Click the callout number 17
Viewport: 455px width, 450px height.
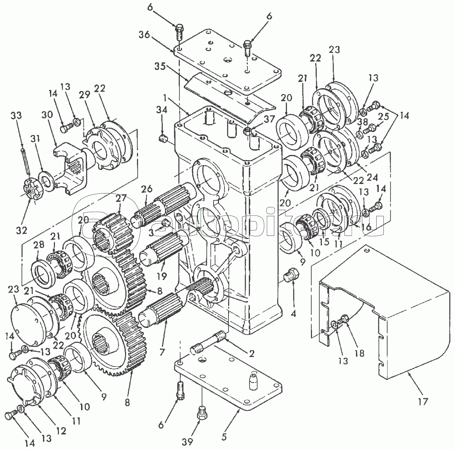(423, 401)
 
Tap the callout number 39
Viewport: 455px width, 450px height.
(187, 440)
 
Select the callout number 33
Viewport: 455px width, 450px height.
(16, 116)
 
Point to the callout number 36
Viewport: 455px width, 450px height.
(144, 35)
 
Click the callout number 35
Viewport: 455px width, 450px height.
(160, 66)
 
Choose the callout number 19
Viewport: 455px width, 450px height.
(162, 276)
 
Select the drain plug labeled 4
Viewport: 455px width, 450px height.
(292, 275)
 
